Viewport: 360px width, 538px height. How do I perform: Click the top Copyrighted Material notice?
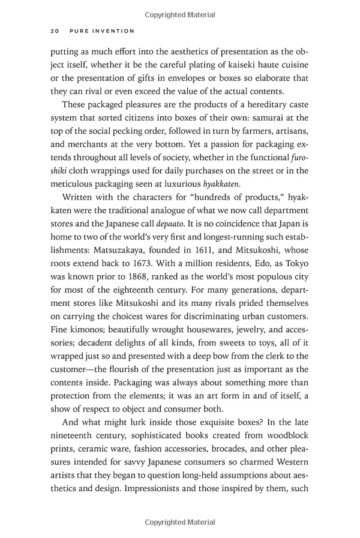pos(180,8)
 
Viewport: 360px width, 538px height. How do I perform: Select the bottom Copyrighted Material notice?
pos(180,522)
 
